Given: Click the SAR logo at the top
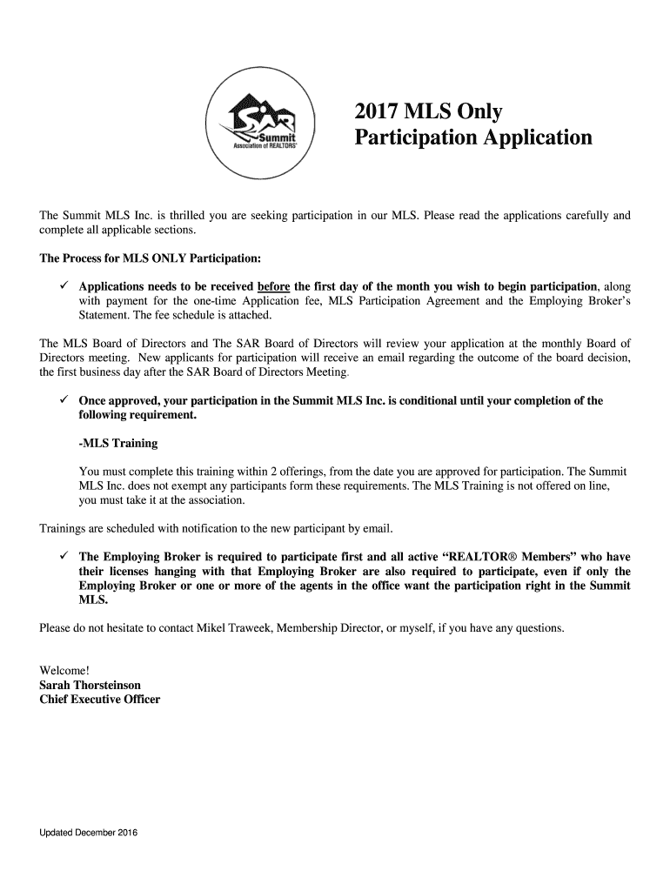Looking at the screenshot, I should pos(265,124).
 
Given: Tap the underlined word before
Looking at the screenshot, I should pos(274,286).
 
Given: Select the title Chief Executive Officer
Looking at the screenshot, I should pos(100,700).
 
